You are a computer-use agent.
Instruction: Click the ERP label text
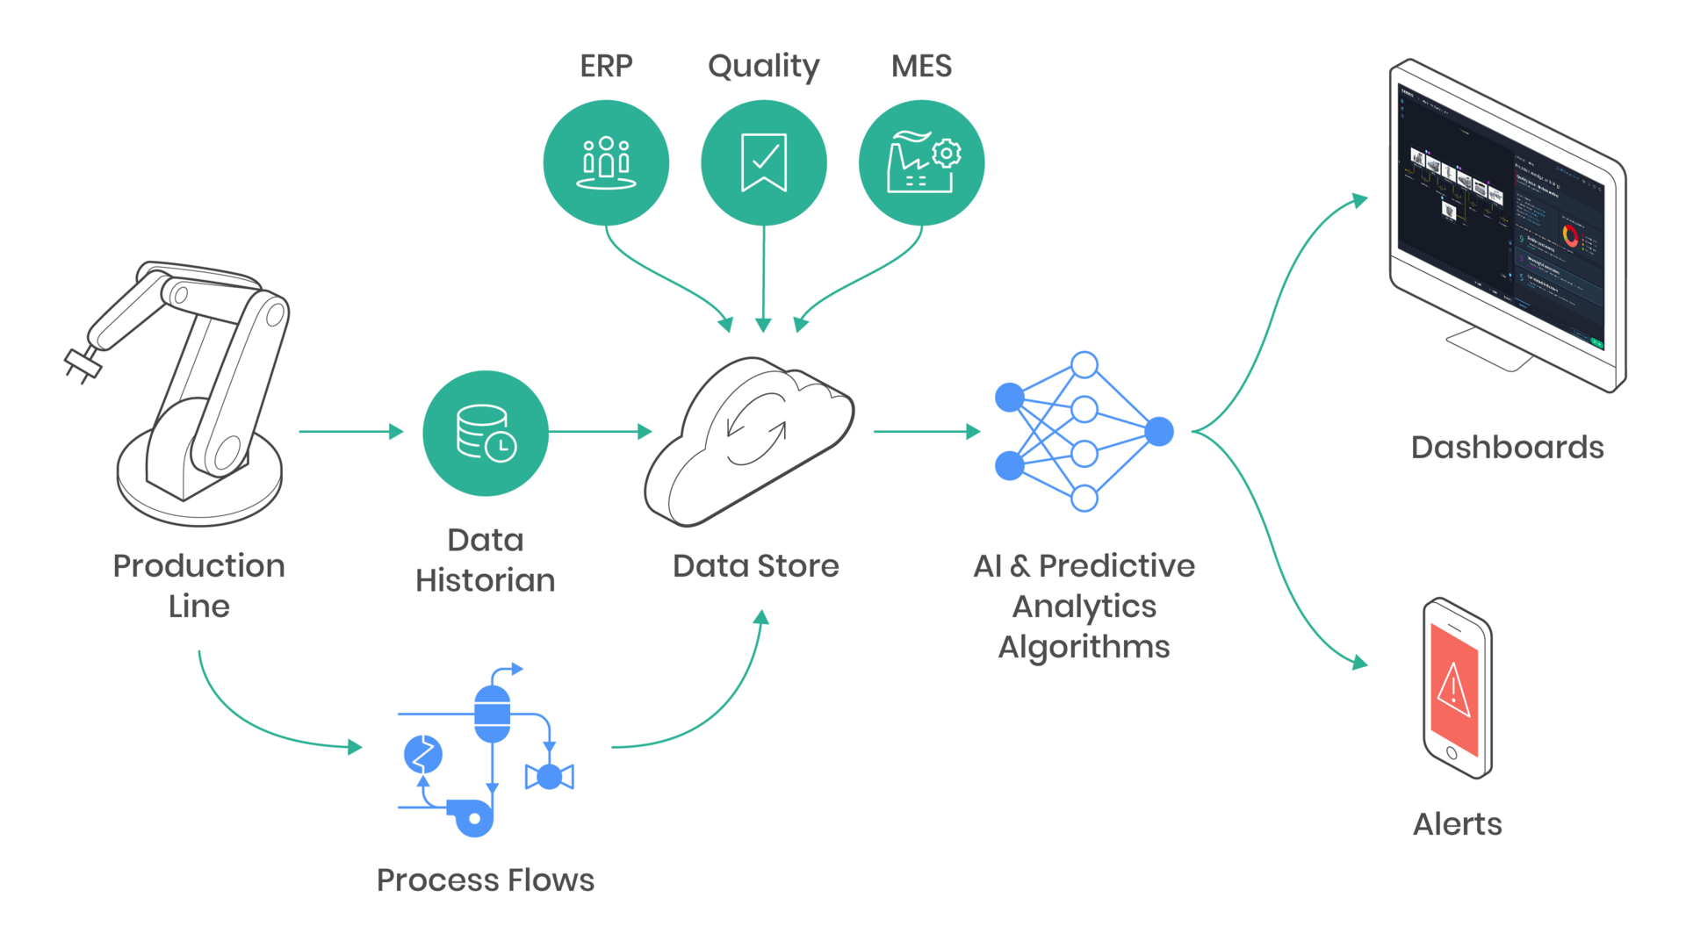click(606, 67)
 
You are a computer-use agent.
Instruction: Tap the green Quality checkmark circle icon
click(763, 162)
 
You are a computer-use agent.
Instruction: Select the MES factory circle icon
click(921, 162)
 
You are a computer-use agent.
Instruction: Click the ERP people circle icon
click(606, 162)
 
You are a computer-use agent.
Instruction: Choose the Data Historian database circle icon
click(486, 433)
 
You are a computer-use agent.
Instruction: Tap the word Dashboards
click(1507, 448)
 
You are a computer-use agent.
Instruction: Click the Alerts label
click(1457, 824)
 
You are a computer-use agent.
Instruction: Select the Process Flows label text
click(485, 880)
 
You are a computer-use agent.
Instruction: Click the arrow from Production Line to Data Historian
click(351, 431)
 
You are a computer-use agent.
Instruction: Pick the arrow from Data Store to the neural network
click(926, 431)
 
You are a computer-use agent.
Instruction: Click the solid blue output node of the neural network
click(1159, 431)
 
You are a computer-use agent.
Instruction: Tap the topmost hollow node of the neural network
click(1084, 364)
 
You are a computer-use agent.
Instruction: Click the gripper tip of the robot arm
click(82, 363)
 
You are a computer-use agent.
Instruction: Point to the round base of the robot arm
click(199, 492)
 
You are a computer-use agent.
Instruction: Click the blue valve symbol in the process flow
click(549, 777)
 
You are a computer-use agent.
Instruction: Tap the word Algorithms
click(1084, 648)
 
